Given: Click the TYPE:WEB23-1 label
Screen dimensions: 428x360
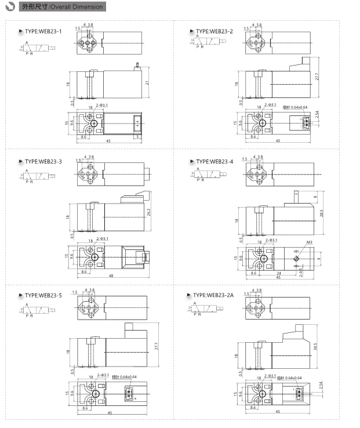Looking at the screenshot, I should [x=43, y=31].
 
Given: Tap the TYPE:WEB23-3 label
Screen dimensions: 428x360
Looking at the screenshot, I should [x=43, y=161].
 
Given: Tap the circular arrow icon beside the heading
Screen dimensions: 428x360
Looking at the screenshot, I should [x=10, y=7].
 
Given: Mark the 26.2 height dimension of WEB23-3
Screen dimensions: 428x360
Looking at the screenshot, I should [x=149, y=212].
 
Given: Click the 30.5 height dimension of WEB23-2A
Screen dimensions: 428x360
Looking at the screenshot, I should [x=315, y=347].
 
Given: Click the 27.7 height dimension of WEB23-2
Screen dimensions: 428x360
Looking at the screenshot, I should [x=317, y=77].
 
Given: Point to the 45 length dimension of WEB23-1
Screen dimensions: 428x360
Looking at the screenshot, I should [x=108, y=141].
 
